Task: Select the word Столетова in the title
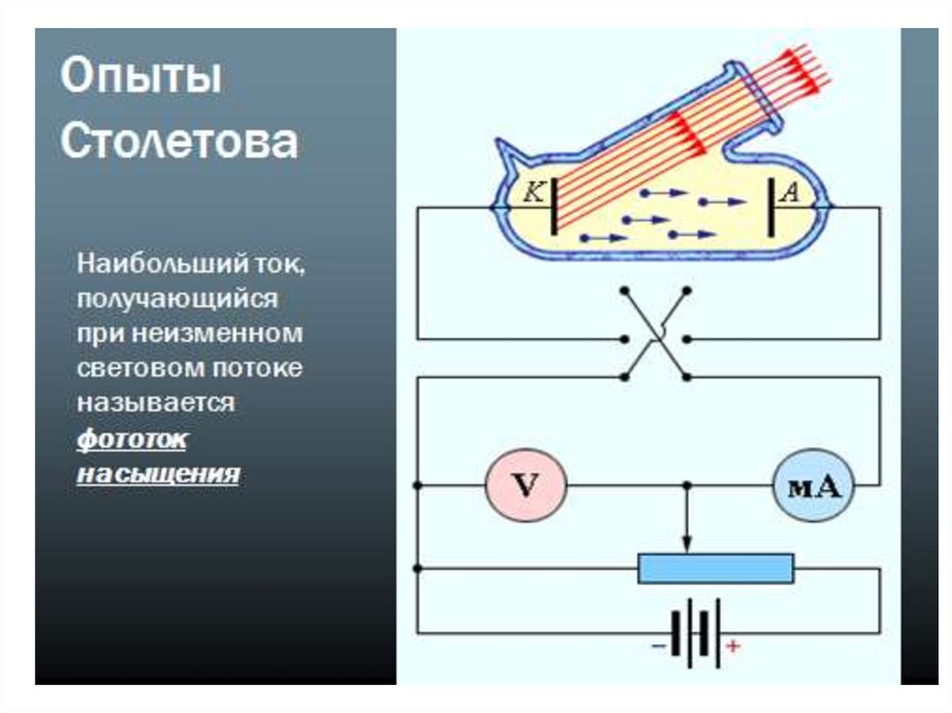click(179, 142)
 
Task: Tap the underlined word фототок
click(131, 439)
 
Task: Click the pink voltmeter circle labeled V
click(526, 486)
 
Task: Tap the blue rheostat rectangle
click(716, 568)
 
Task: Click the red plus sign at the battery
click(733, 644)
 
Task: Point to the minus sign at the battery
click(659, 644)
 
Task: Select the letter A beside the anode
click(789, 192)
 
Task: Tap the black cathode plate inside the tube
click(554, 205)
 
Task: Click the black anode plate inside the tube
click(771, 205)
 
